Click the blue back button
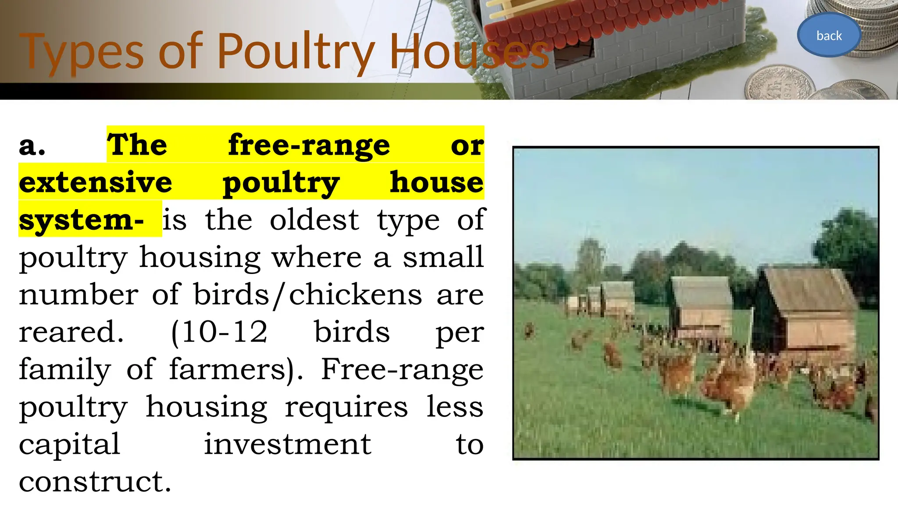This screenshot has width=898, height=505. click(829, 36)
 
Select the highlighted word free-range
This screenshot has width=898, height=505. click(309, 145)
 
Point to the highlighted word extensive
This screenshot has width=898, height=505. click(96, 182)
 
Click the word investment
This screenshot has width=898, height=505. click(288, 445)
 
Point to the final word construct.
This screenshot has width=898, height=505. click(95, 482)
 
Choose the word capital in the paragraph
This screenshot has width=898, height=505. click(69, 445)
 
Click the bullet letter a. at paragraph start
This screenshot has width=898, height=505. click(32, 145)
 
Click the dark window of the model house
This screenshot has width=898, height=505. click(574, 53)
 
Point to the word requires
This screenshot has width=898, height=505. click(346, 407)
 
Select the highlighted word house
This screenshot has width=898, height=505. click(437, 182)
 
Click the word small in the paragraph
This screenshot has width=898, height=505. click(443, 257)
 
